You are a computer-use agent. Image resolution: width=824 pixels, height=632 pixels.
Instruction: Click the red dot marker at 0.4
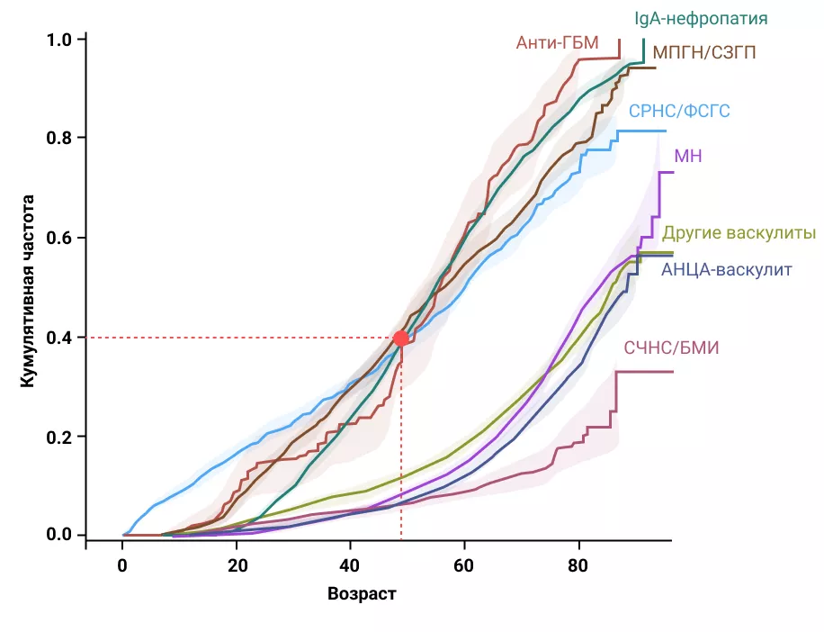(401, 339)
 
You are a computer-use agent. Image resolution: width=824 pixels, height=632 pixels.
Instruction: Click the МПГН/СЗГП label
(704, 52)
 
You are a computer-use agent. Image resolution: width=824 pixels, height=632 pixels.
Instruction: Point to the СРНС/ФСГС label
(679, 112)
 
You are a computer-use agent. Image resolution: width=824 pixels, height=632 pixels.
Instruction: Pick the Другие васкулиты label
(739, 233)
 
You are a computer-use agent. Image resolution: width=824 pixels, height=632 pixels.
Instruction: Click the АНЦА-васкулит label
(727, 269)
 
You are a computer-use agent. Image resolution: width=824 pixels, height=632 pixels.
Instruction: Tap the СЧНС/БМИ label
(672, 348)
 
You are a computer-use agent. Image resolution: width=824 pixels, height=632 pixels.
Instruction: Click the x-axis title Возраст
(362, 595)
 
